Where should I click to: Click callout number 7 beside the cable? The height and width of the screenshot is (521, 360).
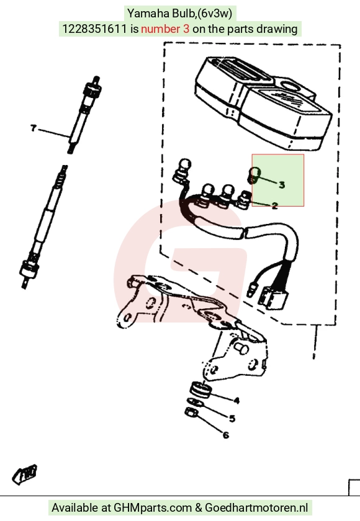pos(33,128)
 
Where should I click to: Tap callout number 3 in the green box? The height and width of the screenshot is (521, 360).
pos(282,185)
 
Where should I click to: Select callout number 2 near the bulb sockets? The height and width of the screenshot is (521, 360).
pos(274,206)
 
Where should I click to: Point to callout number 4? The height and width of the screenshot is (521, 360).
pos(236,401)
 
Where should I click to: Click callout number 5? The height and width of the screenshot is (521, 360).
pos(232,418)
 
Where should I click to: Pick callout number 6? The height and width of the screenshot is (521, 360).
pos(226,435)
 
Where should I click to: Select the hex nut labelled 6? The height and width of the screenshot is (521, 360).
pos(191,412)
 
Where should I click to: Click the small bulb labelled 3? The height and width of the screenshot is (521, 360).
pos(254,175)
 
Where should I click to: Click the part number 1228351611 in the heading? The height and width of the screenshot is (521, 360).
pos(94,29)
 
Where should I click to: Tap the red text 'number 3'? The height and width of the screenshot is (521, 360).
pos(165,29)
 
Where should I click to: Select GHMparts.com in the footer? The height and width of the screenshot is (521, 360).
pos(153,508)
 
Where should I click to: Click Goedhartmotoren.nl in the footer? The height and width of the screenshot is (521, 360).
pos(256,508)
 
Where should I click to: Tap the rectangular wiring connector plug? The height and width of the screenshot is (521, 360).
pos(273,297)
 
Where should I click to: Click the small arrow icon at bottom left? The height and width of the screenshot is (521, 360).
pos(25,474)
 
